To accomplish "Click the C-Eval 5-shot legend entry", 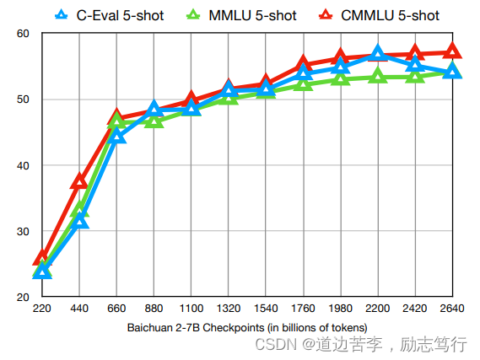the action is (x=110, y=15).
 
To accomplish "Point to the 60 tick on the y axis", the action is (x=23, y=34).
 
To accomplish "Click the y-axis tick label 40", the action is (x=23, y=165).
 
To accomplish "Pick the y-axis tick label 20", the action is (x=23, y=297).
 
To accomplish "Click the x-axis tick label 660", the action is (x=116, y=308).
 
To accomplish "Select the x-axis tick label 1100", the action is (x=191, y=308).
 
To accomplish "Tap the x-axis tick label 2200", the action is (x=377, y=308).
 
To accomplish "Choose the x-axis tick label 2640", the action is (x=452, y=308).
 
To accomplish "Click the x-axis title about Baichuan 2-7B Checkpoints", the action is (x=247, y=328).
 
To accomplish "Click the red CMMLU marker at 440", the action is (x=79, y=181).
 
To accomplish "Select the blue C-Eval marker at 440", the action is (x=79, y=221).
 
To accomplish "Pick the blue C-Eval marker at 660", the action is (x=116, y=136).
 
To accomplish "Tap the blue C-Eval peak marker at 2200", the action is (x=378, y=52).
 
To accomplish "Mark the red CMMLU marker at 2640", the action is (x=452, y=51).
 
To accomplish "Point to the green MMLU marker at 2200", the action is (x=378, y=75).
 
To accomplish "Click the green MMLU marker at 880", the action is (x=154, y=121).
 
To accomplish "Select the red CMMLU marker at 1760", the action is (x=303, y=62).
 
